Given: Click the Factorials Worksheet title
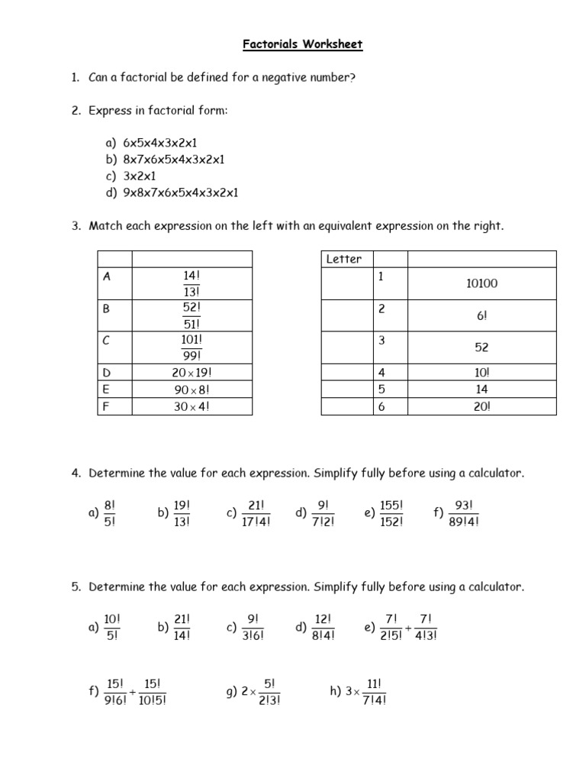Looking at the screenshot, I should pyautogui.click(x=303, y=44).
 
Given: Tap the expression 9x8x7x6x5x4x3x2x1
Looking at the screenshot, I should pyautogui.click(x=181, y=192).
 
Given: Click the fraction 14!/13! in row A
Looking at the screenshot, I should pyautogui.click(x=192, y=283).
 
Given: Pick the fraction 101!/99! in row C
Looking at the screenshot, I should pyautogui.click(x=192, y=347).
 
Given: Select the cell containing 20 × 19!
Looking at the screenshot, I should pyautogui.click(x=192, y=373).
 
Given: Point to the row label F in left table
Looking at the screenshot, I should pyautogui.click(x=106, y=407).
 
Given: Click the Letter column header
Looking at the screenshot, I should pyautogui.click(x=344, y=259).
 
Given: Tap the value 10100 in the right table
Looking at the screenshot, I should pyautogui.click(x=481, y=283).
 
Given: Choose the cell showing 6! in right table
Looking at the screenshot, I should pyautogui.click(x=481, y=315).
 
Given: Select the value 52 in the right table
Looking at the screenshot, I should pyautogui.click(x=481, y=347).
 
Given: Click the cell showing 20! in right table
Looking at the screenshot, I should pyautogui.click(x=481, y=407).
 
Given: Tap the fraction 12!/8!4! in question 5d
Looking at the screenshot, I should pyautogui.click(x=324, y=627).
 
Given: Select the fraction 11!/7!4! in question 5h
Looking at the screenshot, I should pyautogui.click(x=374, y=693).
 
